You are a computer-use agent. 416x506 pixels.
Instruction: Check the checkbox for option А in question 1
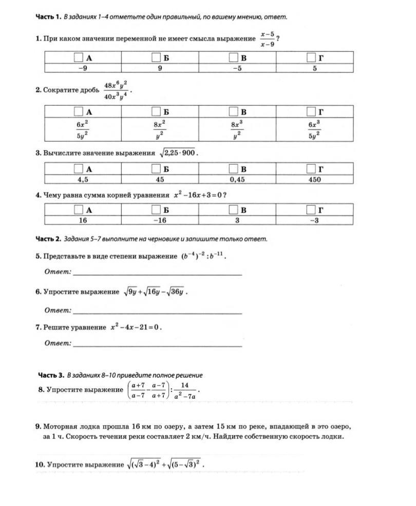(x=79, y=57)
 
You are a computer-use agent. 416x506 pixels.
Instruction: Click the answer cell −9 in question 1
(x=83, y=68)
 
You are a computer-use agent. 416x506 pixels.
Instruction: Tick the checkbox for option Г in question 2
(x=311, y=111)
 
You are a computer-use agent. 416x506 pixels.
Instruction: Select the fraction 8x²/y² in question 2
(x=160, y=129)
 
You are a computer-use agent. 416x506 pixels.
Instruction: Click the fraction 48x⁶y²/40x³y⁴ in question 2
(x=116, y=90)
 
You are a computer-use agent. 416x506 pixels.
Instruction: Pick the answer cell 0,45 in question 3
(x=237, y=180)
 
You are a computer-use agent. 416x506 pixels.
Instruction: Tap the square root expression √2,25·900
(x=177, y=153)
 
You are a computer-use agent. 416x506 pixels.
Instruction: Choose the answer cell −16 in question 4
(x=160, y=220)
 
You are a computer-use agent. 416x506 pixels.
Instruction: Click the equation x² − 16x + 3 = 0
(x=198, y=195)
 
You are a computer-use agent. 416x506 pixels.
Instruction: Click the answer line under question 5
(x=157, y=275)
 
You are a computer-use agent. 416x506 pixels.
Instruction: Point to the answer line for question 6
(x=157, y=313)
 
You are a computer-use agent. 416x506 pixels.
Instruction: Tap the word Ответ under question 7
(x=57, y=343)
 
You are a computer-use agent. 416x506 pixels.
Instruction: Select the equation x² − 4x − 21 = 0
(x=135, y=327)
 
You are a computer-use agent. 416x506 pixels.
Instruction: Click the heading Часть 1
(x=48, y=17)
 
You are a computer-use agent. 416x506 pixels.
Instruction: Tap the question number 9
(x=39, y=426)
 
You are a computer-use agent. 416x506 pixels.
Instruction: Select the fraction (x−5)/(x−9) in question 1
(x=267, y=39)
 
